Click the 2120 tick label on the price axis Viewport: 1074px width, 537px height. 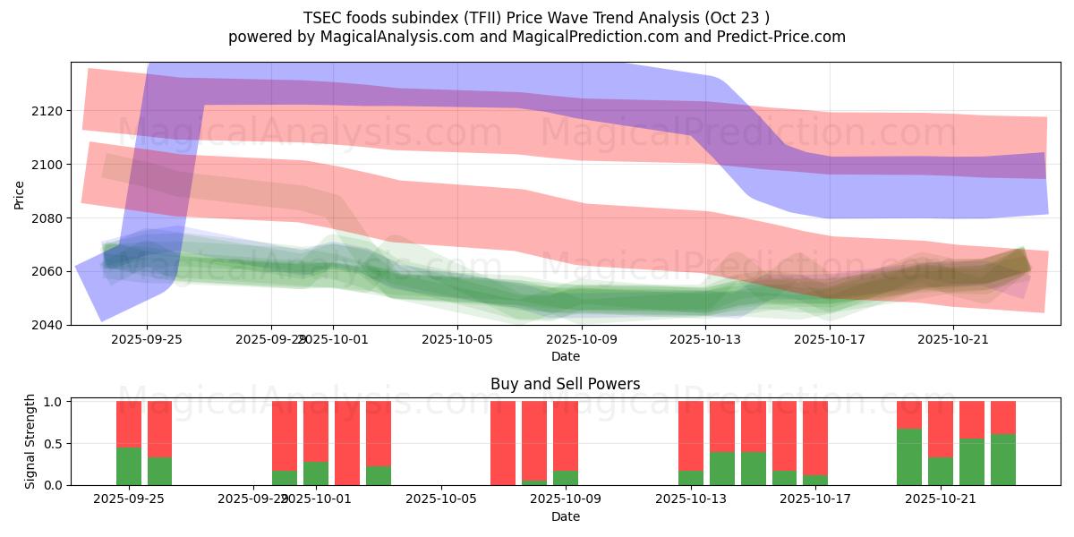coord(47,111)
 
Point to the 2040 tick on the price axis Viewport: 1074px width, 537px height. coord(47,325)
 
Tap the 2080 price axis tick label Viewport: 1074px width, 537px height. coord(47,218)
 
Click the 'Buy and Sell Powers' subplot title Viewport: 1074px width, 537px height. coord(565,384)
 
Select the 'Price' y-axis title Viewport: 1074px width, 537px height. coord(20,193)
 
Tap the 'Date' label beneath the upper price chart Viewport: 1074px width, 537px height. coord(565,356)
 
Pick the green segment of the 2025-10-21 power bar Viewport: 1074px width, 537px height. coord(941,472)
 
